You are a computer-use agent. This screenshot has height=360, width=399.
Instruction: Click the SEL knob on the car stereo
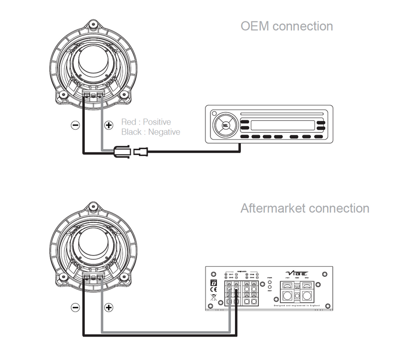(224, 126)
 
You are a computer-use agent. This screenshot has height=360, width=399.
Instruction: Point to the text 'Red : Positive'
(146, 122)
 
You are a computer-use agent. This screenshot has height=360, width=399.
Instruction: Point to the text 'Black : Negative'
(151, 132)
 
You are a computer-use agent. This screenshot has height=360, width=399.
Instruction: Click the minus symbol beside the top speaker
(75, 125)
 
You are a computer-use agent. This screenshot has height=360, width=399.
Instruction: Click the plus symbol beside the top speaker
(108, 125)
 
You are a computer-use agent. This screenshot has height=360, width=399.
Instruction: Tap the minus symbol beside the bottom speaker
(75, 308)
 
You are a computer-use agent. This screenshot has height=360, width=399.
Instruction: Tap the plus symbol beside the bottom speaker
(108, 308)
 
